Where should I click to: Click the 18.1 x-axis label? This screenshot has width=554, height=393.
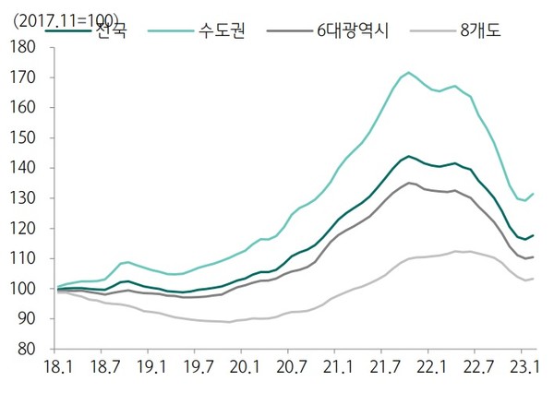coord(57,366)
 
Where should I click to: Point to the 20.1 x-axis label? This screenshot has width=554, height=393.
coord(243,366)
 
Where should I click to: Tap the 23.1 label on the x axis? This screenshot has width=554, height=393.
coord(523,366)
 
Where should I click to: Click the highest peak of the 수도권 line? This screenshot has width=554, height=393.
coord(408,71)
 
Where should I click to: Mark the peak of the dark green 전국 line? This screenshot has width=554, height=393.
coord(408,156)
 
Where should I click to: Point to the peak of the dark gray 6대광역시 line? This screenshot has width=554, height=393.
coord(408,183)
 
